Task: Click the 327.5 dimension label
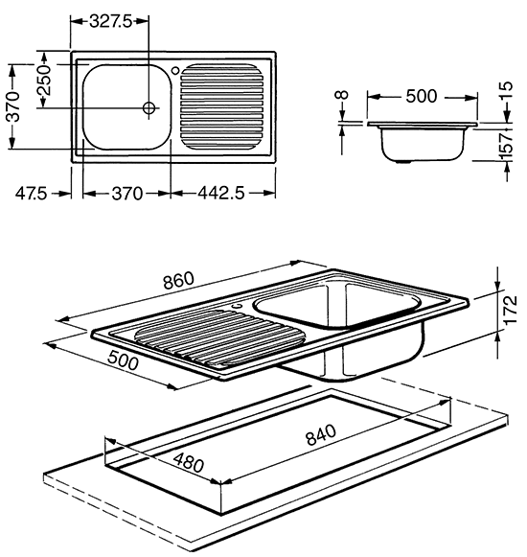pos(110,22)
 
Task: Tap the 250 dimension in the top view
pos(45,81)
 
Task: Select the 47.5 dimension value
pos(32,194)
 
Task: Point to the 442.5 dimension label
pos(221,194)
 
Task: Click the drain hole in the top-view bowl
pos(149,107)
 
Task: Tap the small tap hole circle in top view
pos(175,70)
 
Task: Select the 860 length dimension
pos(178,280)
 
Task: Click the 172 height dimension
pos(511,310)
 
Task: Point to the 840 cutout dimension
pos(321,434)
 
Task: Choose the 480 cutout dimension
pos(189,462)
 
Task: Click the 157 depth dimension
pos(507,147)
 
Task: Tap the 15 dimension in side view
pos(507,90)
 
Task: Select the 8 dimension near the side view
pos(342,95)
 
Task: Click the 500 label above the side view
pos(422,96)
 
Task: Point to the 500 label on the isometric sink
pos(123,360)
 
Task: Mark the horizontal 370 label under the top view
pos(126,194)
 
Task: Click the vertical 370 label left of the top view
pos(14,106)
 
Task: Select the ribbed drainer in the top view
pos(222,105)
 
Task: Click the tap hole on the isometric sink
pos(238,305)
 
